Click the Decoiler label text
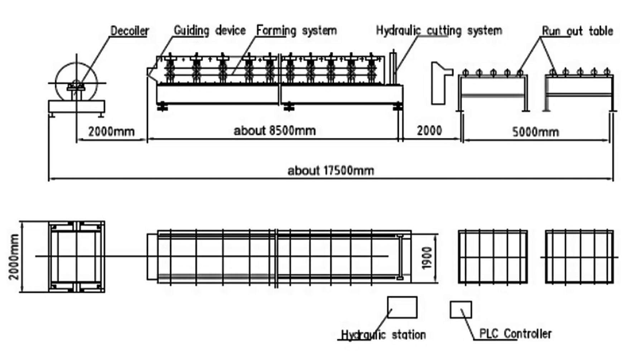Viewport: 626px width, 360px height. tap(129, 31)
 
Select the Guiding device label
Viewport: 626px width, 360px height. tap(210, 30)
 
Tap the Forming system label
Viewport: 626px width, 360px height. tap(297, 30)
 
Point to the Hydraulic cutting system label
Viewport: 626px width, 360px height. tap(439, 30)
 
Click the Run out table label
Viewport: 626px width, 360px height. tap(577, 31)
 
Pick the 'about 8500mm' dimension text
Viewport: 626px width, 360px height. tap(275, 131)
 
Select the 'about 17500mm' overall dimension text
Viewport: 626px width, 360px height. tap(331, 170)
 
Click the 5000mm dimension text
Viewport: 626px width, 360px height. tap(535, 132)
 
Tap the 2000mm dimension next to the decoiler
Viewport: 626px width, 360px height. tap(111, 132)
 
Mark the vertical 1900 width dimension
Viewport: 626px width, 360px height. tap(427, 258)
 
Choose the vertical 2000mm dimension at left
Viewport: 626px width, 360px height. tap(14, 256)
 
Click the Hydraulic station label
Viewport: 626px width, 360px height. tap(383, 335)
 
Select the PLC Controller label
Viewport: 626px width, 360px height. tap(515, 334)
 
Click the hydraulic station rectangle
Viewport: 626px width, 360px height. tap(402, 307)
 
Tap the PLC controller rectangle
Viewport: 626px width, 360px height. tap(461, 310)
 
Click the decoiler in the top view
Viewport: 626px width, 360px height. tap(76, 256)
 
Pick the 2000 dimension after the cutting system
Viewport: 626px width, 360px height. tap(429, 131)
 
